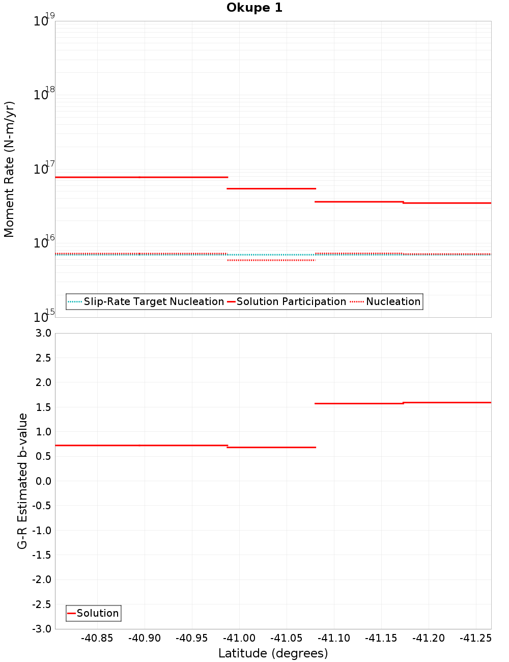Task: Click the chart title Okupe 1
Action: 254,8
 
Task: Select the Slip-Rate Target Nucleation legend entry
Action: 153,301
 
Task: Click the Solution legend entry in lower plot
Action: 97,613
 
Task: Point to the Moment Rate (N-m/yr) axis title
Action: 9,169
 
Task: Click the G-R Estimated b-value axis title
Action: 22,481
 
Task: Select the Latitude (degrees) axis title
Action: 273,653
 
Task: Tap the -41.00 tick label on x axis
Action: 239,638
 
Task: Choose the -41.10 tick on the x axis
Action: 334,638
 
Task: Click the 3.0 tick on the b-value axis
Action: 43,333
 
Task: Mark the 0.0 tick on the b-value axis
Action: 43,481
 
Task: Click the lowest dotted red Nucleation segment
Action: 271,260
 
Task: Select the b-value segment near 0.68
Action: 271,447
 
